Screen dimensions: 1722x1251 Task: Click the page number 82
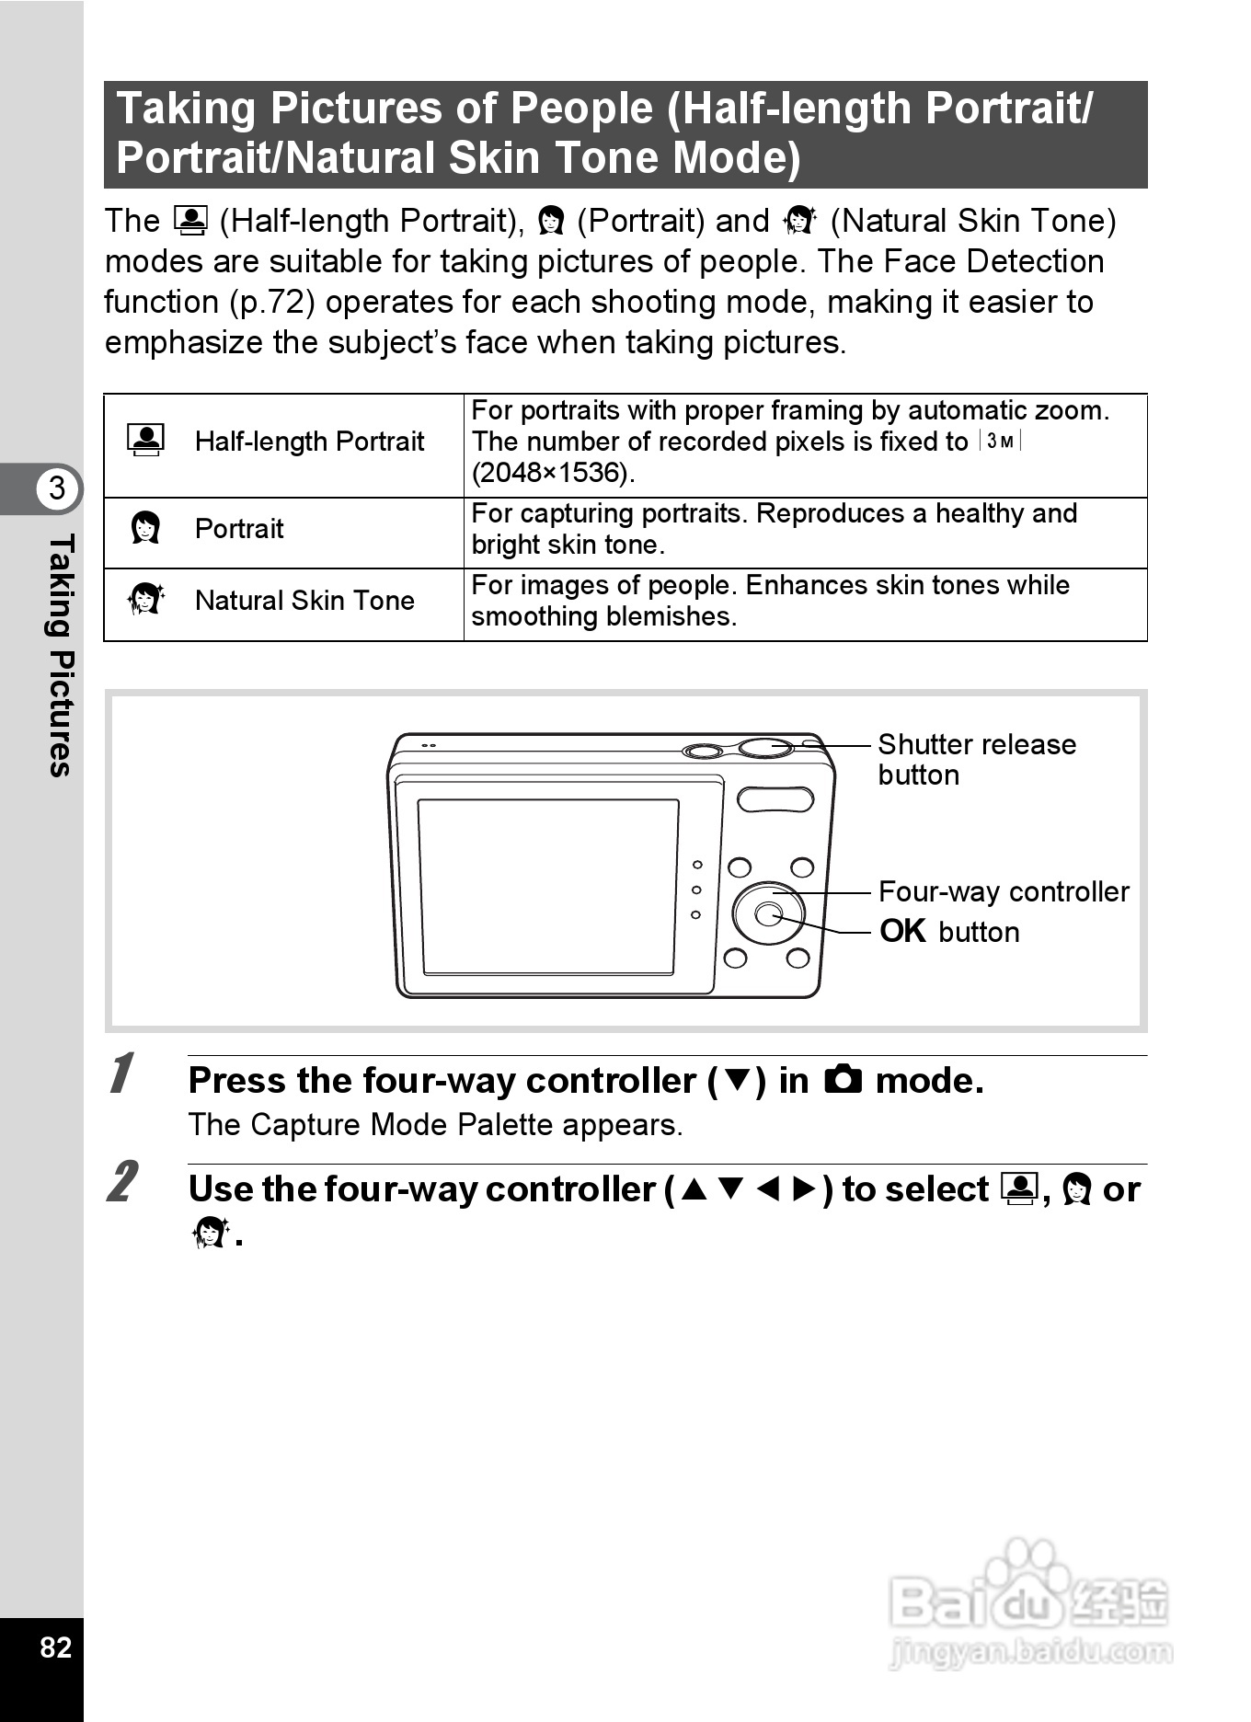pyautogui.click(x=55, y=1647)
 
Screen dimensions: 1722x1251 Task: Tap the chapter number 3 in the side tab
pyautogui.click(x=57, y=488)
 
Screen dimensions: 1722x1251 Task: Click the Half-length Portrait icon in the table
pyautogui.click(x=146, y=441)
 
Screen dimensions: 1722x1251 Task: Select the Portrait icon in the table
pyautogui.click(x=145, y=528)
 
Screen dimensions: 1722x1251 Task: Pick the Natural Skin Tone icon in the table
pyautogui.click(x=145, y=600)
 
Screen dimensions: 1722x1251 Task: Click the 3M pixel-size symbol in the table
pyautogui.click(x=1001, y=442)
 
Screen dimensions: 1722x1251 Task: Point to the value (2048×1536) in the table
pyautogui.click(x=553, y=473)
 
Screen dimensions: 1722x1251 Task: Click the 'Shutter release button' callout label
pyautogui.click(x=976, y=759)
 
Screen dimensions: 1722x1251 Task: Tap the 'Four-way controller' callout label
pyautogui.click(x=1004, y=891)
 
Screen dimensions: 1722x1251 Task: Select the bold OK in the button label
pyautogui.click(x=902, y=931)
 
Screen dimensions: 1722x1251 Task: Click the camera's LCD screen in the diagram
pyautogui.click(x=548, y=887)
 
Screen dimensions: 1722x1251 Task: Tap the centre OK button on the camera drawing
pyautogui.click(x=767, y=913)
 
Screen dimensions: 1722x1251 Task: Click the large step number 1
pyautogui.click(x=120, y=1073)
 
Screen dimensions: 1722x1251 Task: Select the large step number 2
pyautogui.click(x=121, y=1182)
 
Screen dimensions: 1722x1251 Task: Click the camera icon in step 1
pyautogui.click(x=843, y=1079)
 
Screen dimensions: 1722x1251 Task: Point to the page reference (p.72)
pyautogui.click(x=272, y=302)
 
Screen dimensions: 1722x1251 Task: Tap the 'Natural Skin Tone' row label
pyautogui.click(x=304, y=601)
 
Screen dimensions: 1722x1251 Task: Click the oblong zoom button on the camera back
pyautogui.click(x=775, y=798)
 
